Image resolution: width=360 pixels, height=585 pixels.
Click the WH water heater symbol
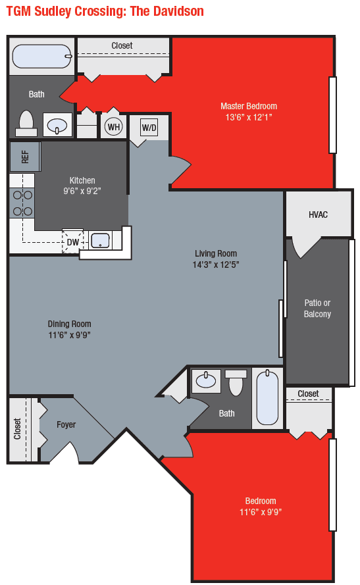tap(114, 126)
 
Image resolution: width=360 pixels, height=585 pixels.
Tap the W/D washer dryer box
tap(149, 127)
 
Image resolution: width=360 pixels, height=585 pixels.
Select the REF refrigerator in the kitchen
tap(25, 157)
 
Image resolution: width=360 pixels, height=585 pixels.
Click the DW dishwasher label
tap(72, 242)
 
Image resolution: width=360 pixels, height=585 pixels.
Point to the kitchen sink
tap(100, 240)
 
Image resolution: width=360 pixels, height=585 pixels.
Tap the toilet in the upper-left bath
tap(26, 123)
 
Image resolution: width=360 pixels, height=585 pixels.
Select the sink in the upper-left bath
tap(58, 124)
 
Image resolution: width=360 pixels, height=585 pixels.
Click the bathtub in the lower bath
tap(267, 397)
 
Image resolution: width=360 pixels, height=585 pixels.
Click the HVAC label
tap(318, 215)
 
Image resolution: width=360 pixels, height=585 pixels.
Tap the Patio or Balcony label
tap(317, 309)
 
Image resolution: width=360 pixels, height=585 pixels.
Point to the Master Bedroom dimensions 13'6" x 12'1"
tap(248, 117)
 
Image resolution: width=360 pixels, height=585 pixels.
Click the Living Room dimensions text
tap(216, 265)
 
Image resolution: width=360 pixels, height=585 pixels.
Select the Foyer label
tap(66, 424)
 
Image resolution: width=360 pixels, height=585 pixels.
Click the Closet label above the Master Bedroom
tap(122, 45)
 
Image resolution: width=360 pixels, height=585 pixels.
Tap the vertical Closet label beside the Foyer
tap(18, 428)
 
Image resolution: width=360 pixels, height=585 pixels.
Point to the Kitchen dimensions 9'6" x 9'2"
tap(82, 191)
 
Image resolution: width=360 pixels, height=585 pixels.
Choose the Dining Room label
tap(69, 324)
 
